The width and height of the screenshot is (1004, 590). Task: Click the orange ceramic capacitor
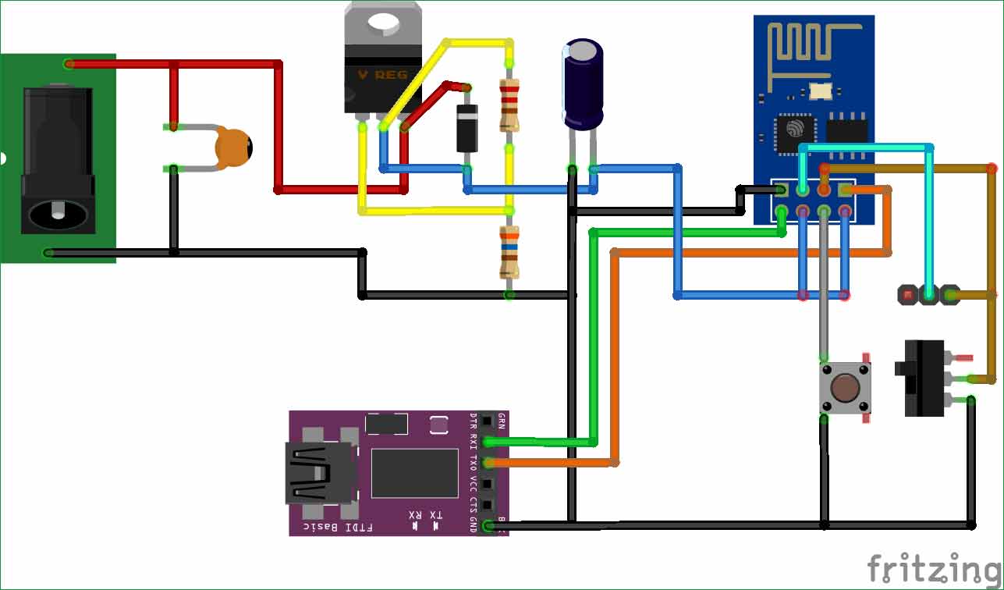[234, 147]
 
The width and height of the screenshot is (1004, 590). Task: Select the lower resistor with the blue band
[509, 251]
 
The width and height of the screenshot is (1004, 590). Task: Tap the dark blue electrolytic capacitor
[583, 86]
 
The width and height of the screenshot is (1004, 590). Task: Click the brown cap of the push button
[845, 387]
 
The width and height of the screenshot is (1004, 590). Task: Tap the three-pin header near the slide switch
[928, 295]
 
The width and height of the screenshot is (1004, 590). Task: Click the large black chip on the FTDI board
[414, 473]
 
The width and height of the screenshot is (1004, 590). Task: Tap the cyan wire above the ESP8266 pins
[866, 147]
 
